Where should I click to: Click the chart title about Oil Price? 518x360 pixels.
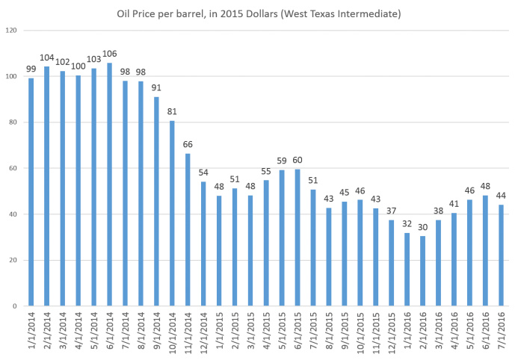pos(258,13)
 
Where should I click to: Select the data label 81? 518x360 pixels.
pos(172,112)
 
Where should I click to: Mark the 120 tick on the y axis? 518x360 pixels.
pos(11,31)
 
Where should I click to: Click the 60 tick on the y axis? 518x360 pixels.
pos(13,168)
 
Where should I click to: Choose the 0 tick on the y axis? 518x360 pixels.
pos(15,306)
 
